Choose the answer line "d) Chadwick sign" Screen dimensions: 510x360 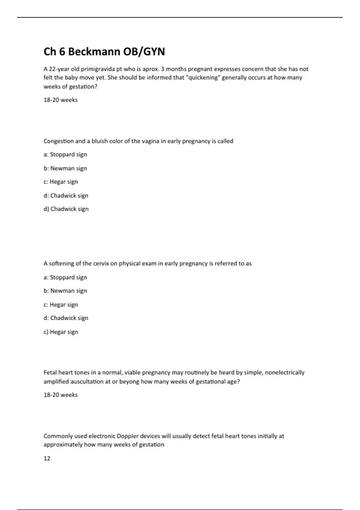[66, 209]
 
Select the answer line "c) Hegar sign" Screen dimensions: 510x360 [61, 332]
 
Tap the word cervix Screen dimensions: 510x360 [101, 263]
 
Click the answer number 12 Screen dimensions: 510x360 [47, 458]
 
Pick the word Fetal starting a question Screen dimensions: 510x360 [50, 373]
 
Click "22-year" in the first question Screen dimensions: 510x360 [59, 69]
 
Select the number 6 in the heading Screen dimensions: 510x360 [62, 52]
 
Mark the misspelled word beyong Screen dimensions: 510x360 [129, 382]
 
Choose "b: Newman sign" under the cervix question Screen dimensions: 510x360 [65, 291]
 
